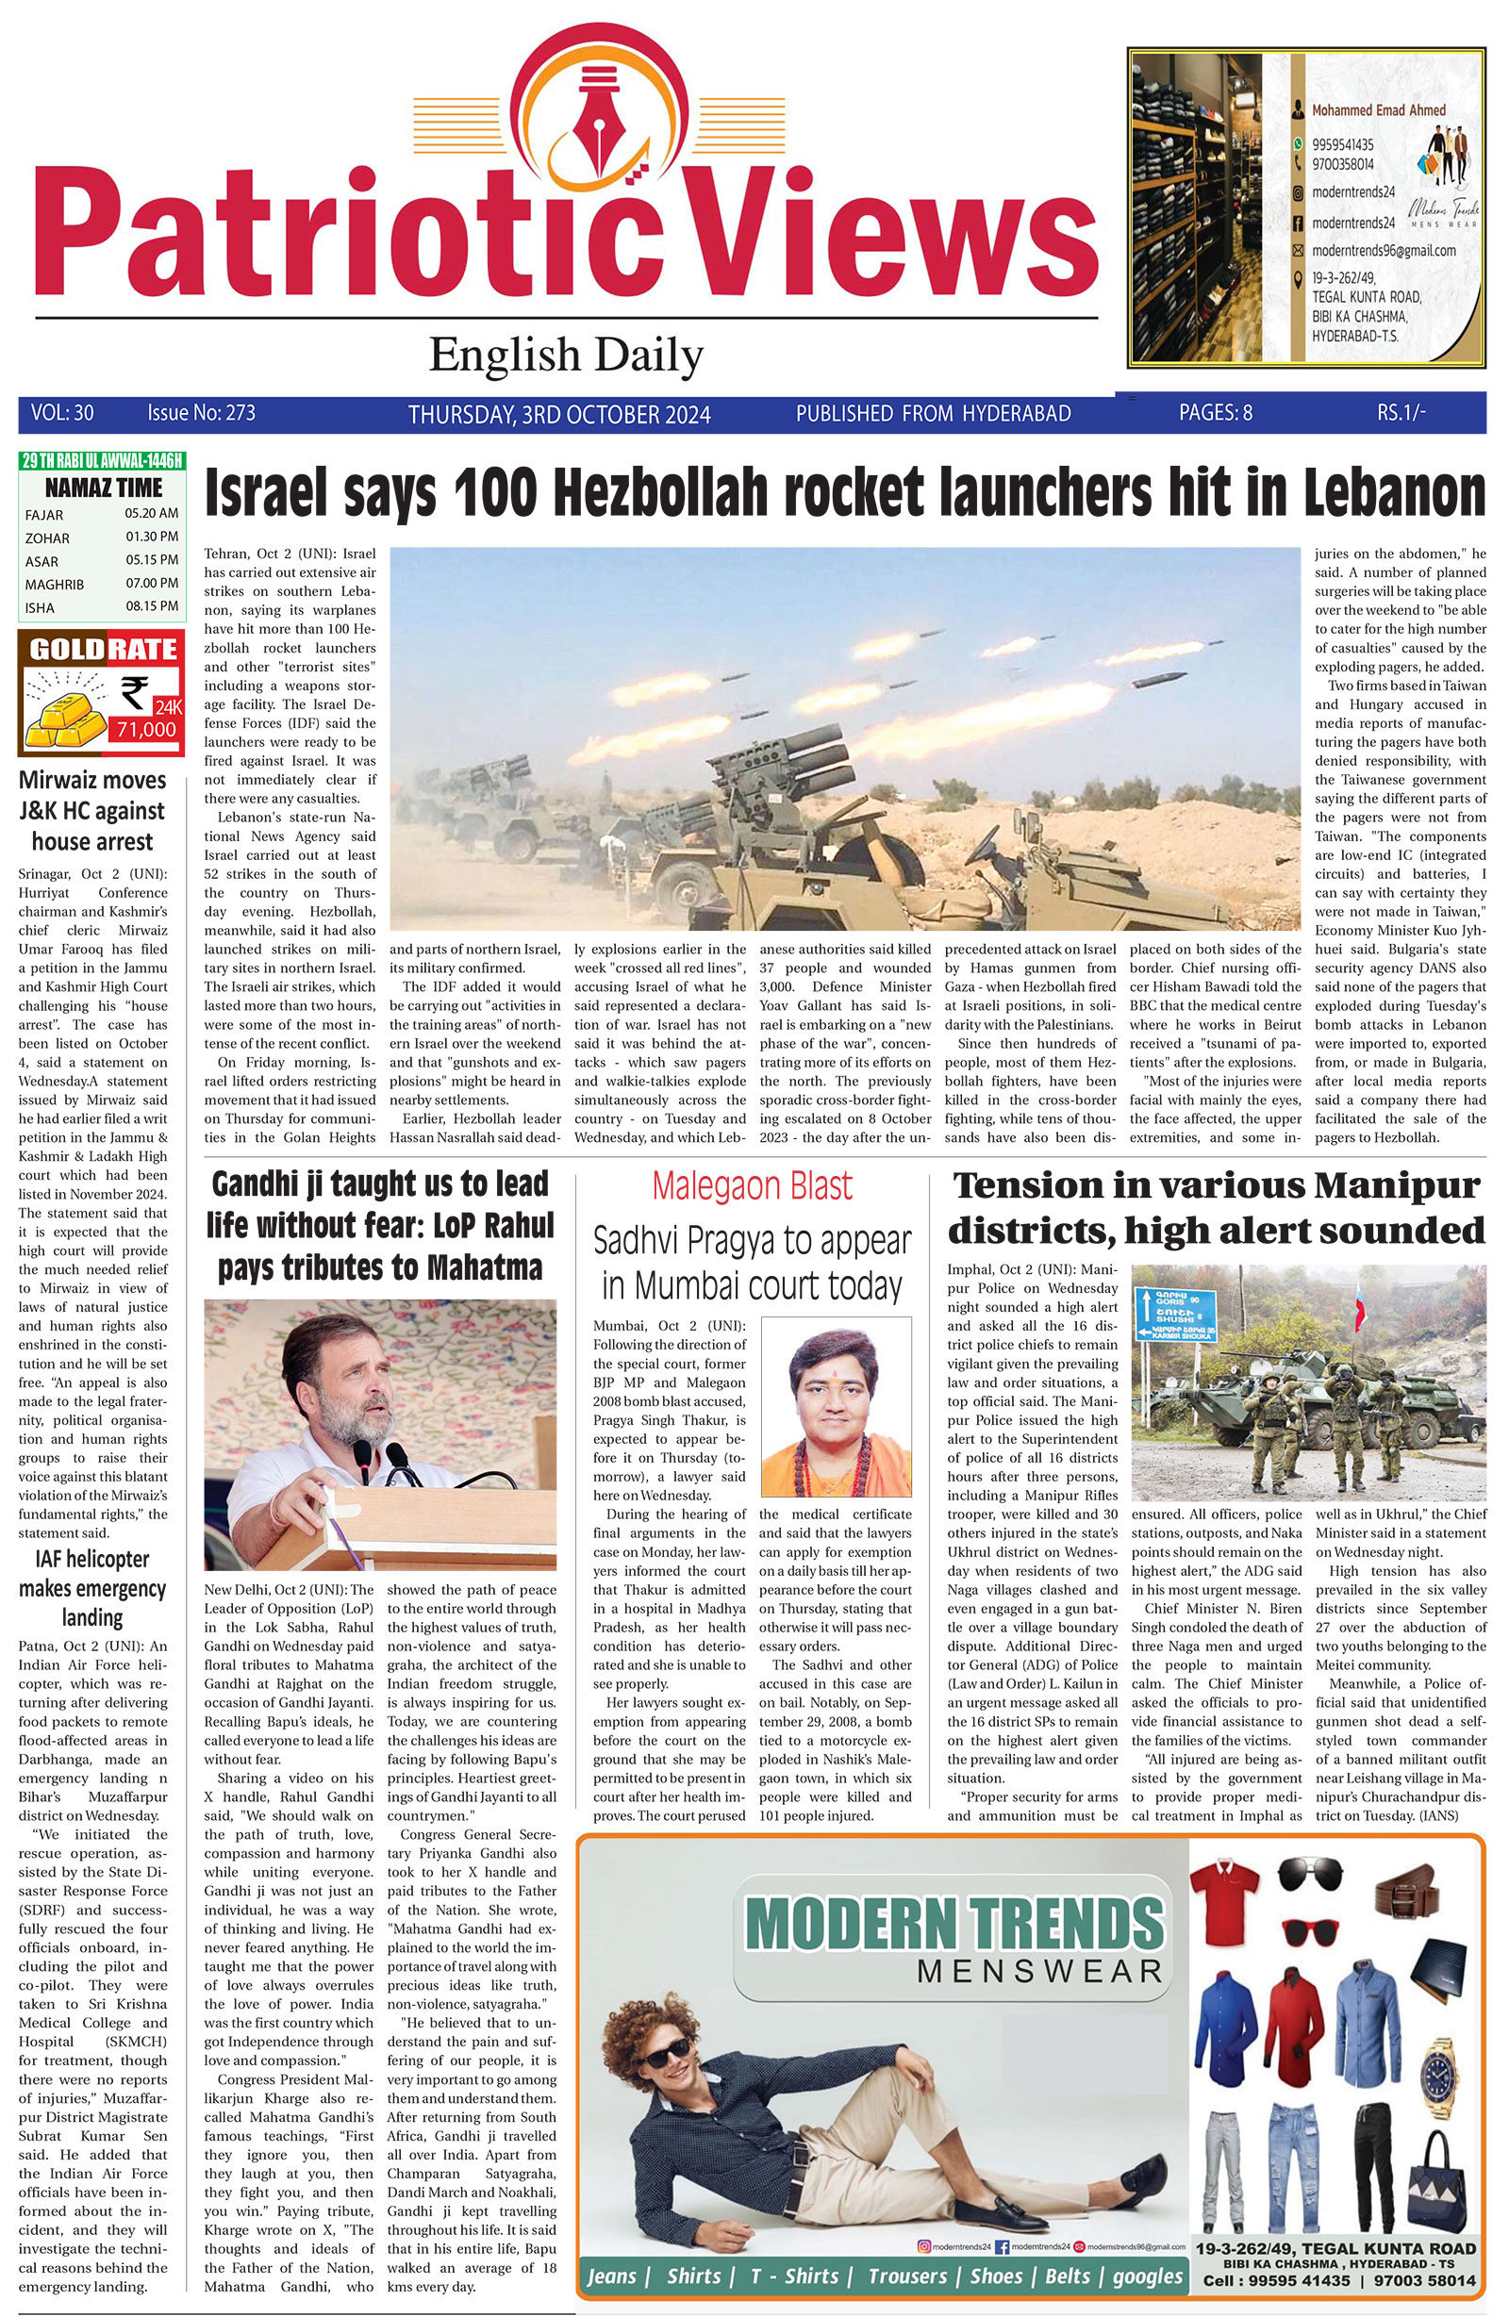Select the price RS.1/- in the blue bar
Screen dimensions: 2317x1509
(1401, 413)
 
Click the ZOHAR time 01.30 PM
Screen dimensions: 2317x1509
(151, 537)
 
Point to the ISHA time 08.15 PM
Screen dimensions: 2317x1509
(151, 606)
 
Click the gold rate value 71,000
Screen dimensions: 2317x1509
(146, 729)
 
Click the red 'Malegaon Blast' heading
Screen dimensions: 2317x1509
(752, 1186)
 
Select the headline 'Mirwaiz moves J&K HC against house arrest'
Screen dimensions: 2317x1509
(92, 811)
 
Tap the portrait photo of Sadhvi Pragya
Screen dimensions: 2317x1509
(836, 1411)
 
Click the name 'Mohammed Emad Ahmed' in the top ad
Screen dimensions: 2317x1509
(1378, 110)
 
